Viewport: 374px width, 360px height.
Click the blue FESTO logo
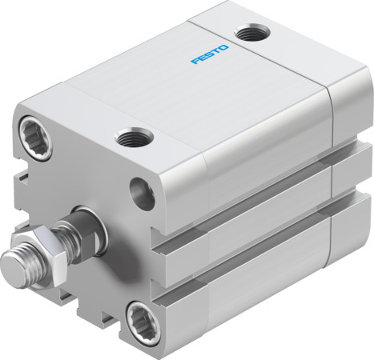click(210, 55)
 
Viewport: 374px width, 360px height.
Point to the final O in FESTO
click(225, 49)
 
